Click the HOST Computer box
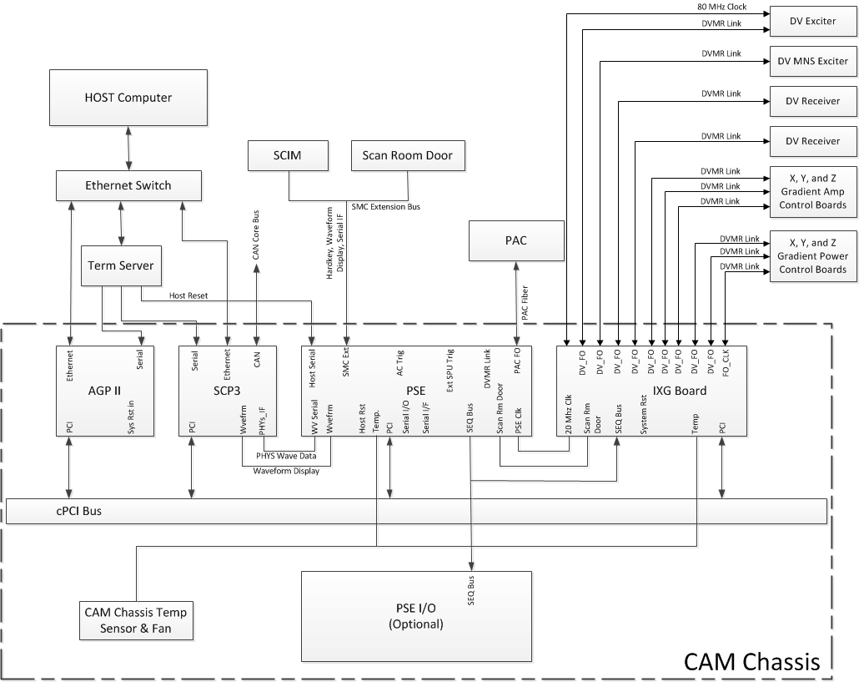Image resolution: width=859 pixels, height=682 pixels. (128, 98)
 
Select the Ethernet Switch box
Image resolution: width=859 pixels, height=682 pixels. (128, 185)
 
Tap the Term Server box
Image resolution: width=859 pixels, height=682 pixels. (121, 265)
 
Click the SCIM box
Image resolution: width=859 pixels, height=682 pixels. (287, 154)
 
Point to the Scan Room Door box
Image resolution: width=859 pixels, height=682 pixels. (407, 154)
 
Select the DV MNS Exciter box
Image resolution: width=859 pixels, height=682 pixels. (812, 61)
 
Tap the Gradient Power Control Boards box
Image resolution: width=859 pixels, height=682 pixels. (812, 256)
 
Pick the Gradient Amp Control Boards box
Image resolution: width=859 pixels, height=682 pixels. (812, 192)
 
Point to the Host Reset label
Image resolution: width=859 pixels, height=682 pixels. (188, 296)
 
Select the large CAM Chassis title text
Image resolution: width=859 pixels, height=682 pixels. (752, 662)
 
